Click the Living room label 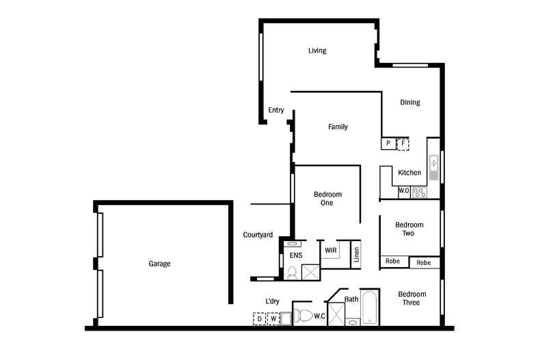pos(317,51)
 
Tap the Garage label pos(159,264)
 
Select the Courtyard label pos(258,235)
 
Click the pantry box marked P pos(388,143)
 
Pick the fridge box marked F pos(403,144)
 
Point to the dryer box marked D pos(259,319)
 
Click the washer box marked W pos(273,319)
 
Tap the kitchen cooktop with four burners pos(420,193)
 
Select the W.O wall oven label pos(403,191)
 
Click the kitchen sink pos(433,167)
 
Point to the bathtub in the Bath pos(370,307)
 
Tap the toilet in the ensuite pos(292,273)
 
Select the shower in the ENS pos(310,273)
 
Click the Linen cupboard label pos(356,254)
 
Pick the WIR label pos(331,250)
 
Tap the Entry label pos(276,110)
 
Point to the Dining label pos(410,102)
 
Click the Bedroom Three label pos(411,299)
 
